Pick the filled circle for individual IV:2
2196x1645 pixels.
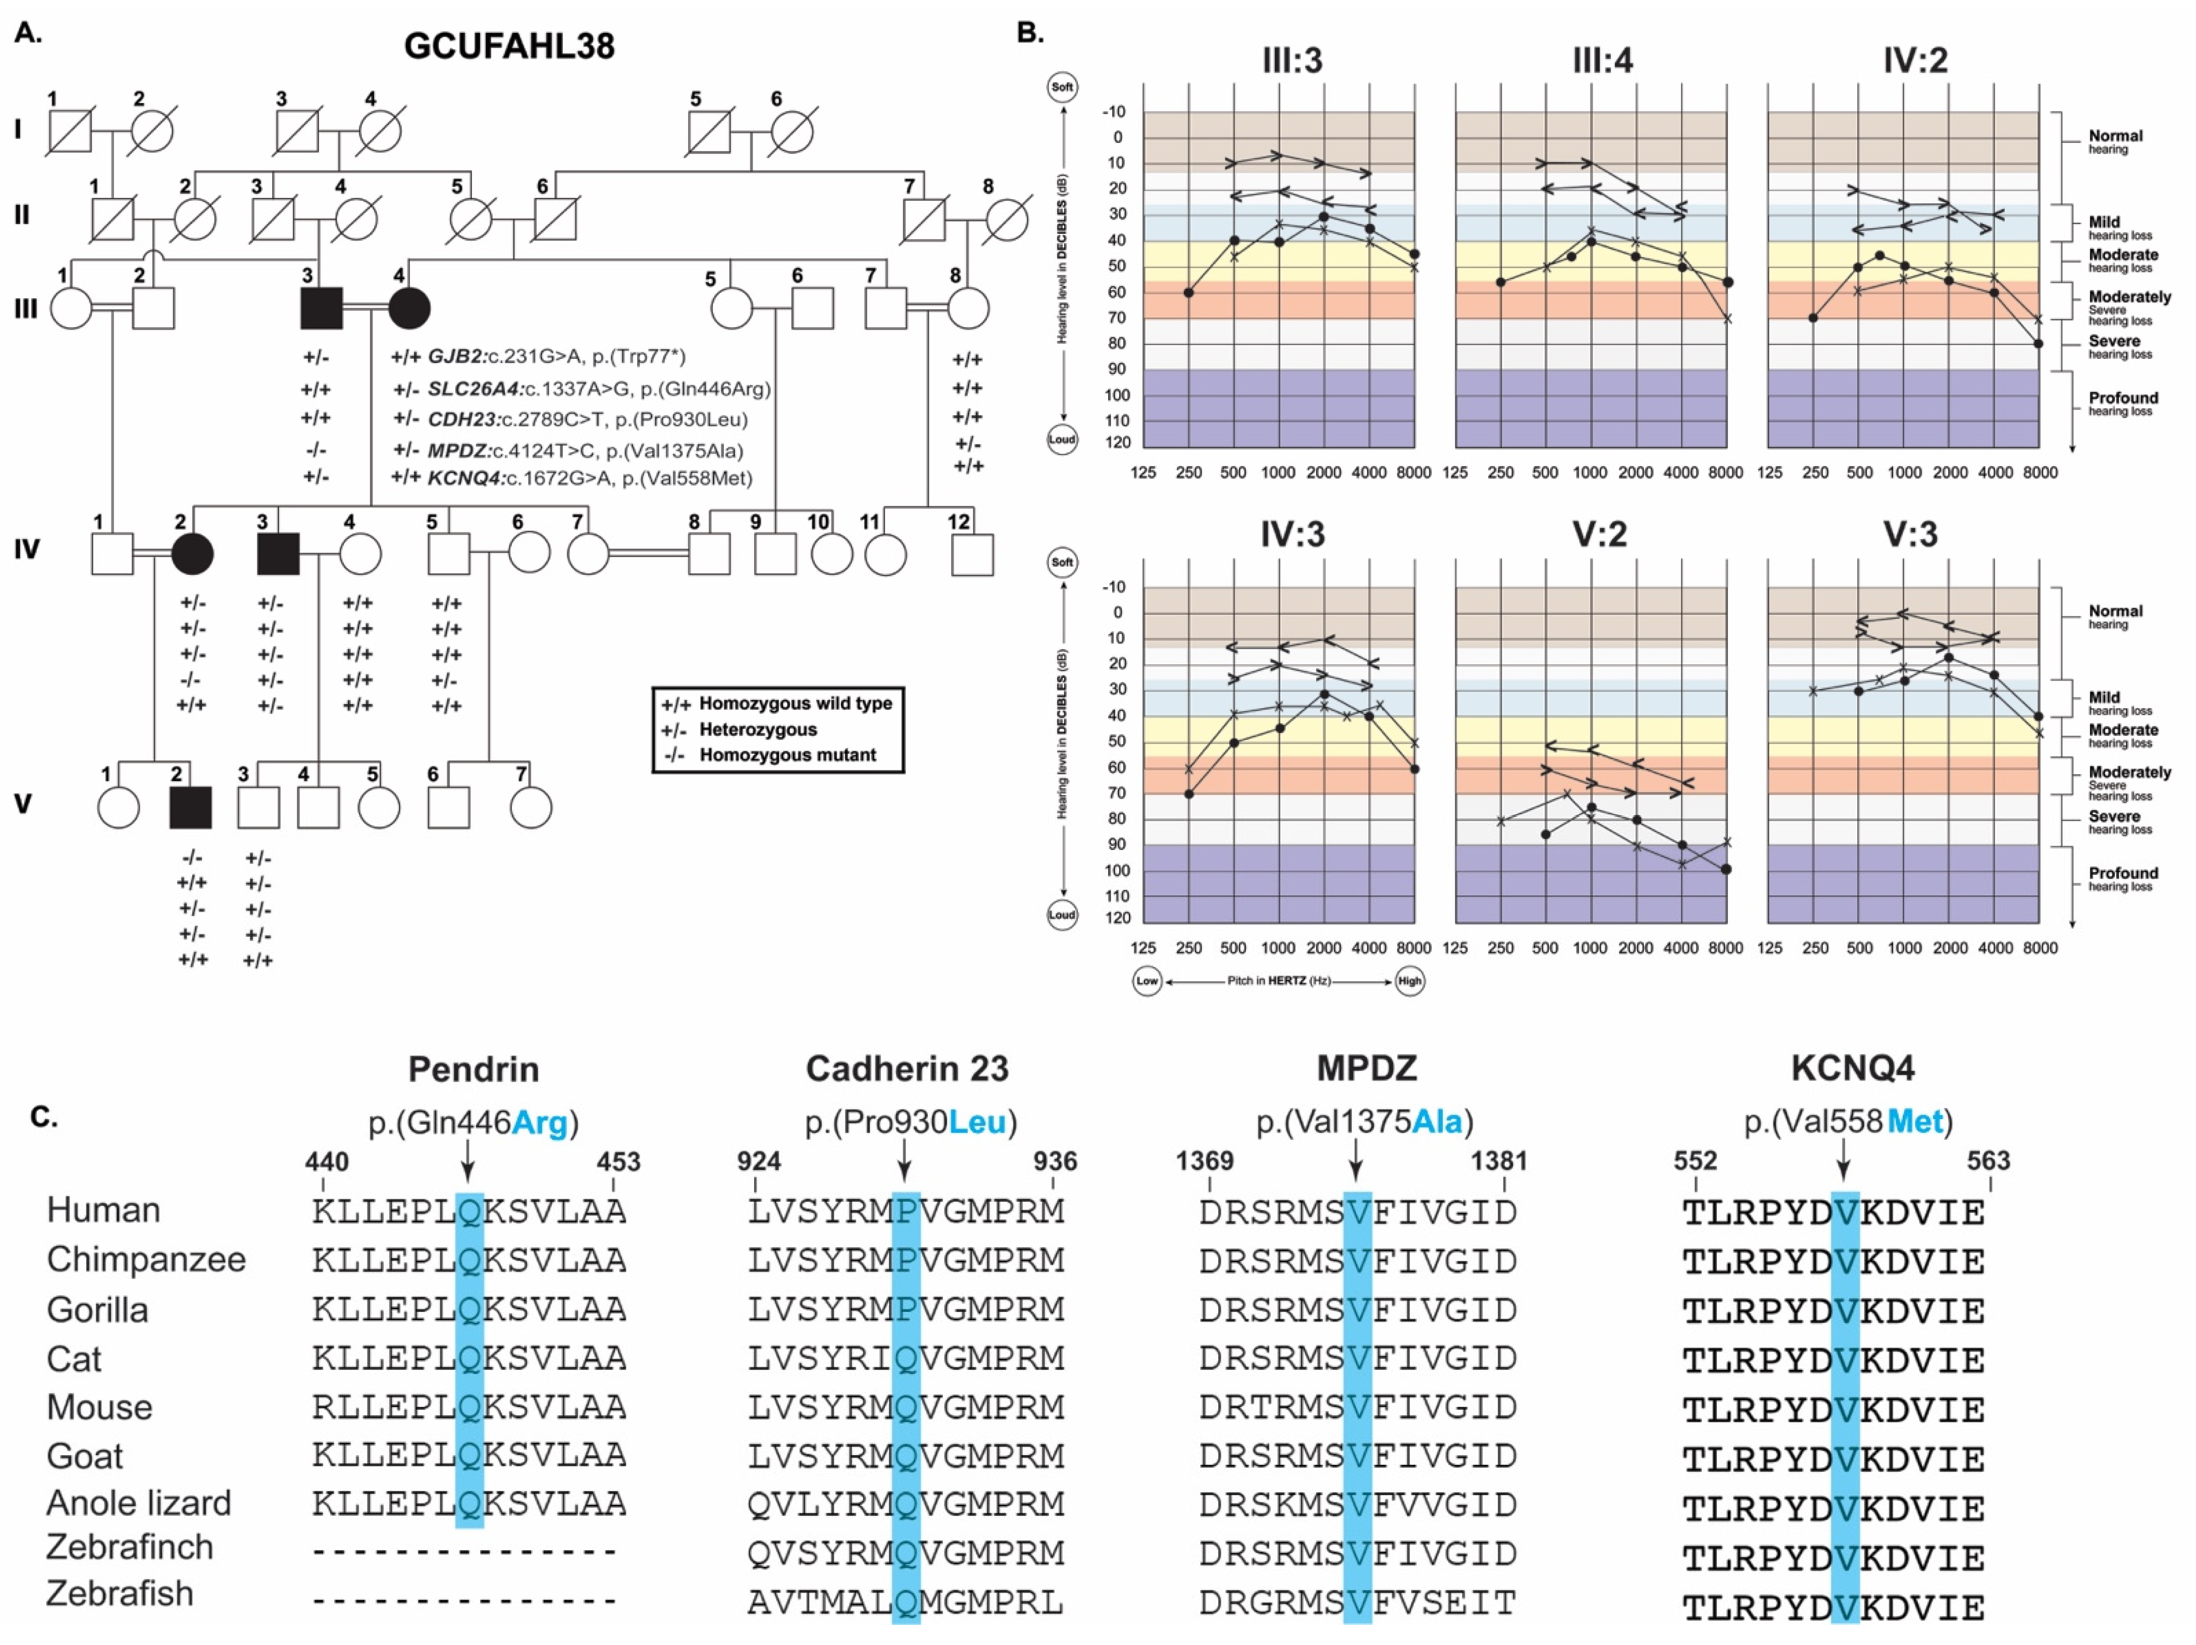[192, 554]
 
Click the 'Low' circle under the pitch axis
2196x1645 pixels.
[1146, 981]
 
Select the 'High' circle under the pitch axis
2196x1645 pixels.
[1409, 981]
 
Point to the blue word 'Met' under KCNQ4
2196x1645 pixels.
[1915, 1122]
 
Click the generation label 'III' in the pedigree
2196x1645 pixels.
[25, 309]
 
